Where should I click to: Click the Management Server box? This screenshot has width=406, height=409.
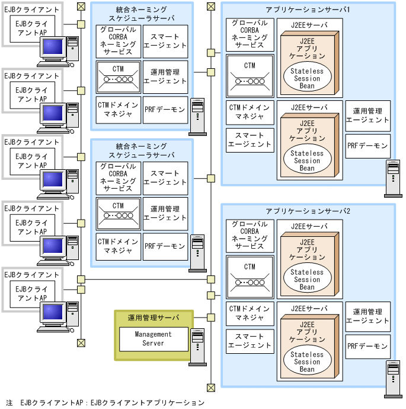(153, 338)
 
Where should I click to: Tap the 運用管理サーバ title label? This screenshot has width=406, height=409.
(153, 318)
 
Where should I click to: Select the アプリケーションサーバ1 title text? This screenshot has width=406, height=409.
(308, 11)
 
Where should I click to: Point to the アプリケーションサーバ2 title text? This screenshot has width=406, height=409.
(308, 211)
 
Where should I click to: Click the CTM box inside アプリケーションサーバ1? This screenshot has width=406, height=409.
(250, 75)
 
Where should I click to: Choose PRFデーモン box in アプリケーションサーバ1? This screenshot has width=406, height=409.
(367, 145)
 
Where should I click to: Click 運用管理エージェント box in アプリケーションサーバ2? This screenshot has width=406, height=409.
(367, 316)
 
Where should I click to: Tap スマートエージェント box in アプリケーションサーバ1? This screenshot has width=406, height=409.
(250, 140)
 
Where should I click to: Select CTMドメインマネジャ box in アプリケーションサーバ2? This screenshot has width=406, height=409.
(250, 313)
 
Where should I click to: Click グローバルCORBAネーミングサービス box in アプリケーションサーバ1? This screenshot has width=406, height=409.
(250, 34)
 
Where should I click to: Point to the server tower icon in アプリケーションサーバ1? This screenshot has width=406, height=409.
(392, 178)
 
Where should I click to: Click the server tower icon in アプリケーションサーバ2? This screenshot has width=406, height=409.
(392, 379)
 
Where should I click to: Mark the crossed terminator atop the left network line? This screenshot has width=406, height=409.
(81, 6)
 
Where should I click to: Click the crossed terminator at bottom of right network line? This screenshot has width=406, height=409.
(210, 388)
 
